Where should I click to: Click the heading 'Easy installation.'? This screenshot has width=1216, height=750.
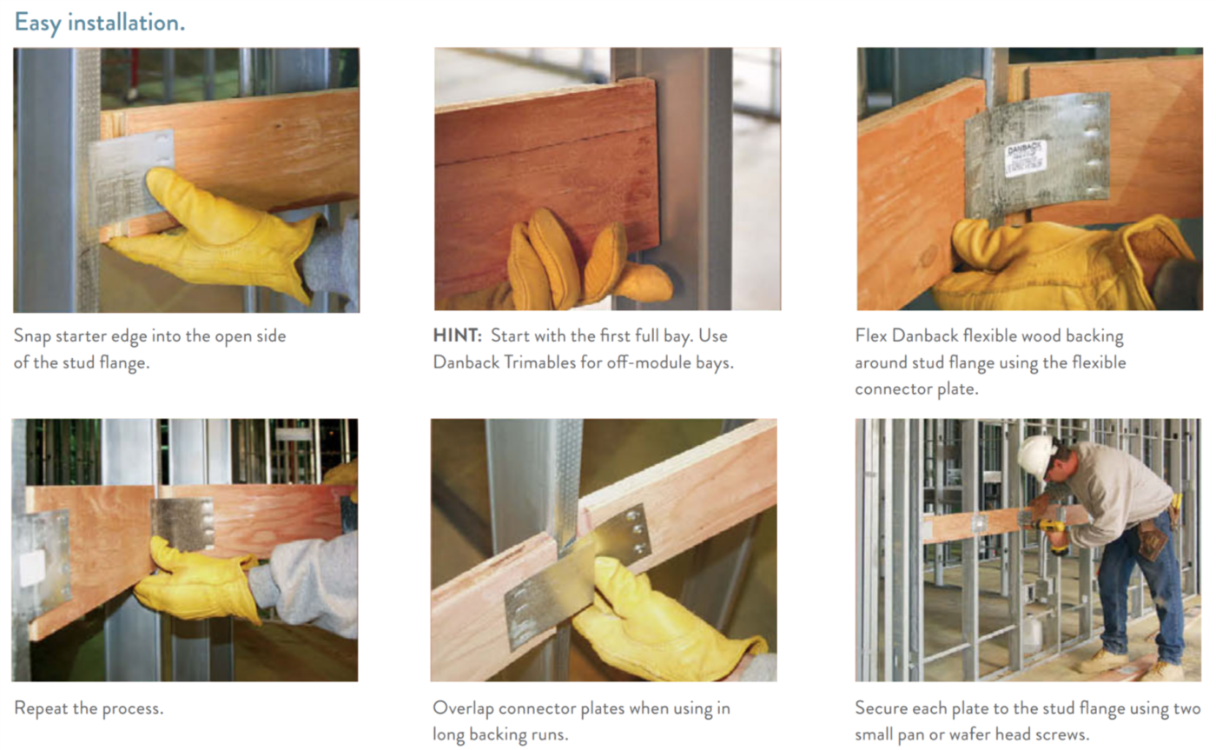99,22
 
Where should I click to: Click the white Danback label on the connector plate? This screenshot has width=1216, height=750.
1026,158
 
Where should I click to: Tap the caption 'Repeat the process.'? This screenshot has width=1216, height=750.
89,708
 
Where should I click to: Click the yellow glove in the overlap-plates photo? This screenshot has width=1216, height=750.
660,626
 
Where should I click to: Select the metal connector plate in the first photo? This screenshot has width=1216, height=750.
130,174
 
